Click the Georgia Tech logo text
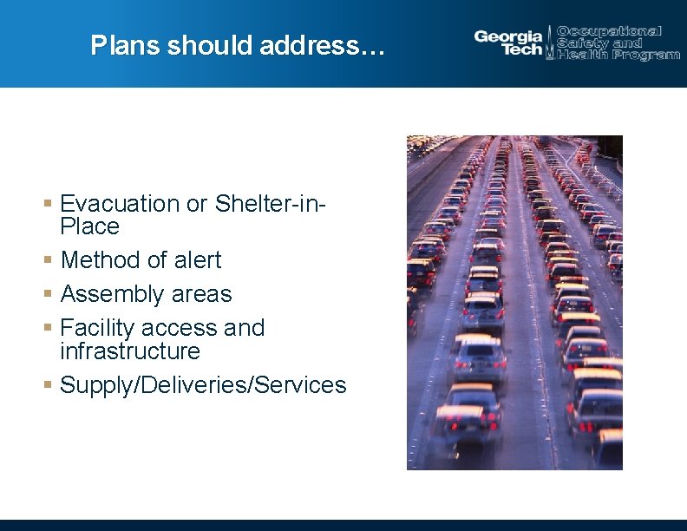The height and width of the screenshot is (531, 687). (x=508, y=42)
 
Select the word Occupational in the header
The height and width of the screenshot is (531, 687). (x=609, y=31)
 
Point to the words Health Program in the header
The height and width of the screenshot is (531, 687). (x=618, y=55)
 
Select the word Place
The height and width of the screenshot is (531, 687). (x=89, y=226)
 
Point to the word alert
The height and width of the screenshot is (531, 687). (x=195, y=260)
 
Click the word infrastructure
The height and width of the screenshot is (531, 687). (x=130, y=351)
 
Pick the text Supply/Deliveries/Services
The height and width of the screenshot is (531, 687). (x=203, y=385)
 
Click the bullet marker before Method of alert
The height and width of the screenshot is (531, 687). (x=49, y=259)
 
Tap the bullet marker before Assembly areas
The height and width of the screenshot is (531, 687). (x=49, y=293)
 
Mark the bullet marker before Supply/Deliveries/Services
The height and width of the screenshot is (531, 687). (x=49, y=384)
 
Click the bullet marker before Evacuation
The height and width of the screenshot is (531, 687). (x=49, y=203)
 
